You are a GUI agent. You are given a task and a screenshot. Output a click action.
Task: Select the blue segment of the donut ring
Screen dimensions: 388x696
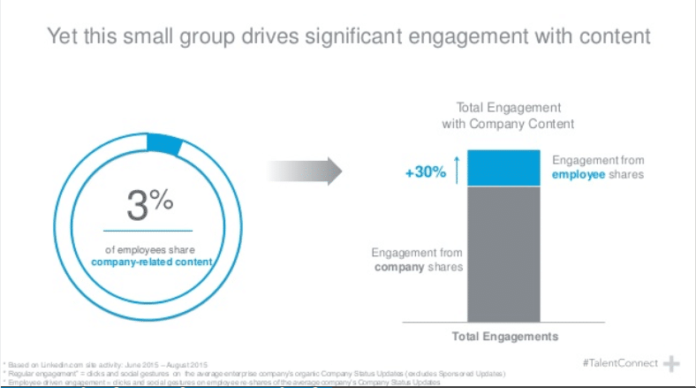coord(164,143)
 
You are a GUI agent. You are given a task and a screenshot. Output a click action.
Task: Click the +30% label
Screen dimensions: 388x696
coord(425,172)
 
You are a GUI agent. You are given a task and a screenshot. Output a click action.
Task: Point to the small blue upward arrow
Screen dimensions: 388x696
coord(457,168)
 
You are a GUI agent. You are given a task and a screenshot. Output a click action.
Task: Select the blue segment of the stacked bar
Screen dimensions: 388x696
coord(503,168)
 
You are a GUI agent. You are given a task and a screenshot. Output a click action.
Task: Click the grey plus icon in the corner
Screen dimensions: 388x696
coord(672,364)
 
